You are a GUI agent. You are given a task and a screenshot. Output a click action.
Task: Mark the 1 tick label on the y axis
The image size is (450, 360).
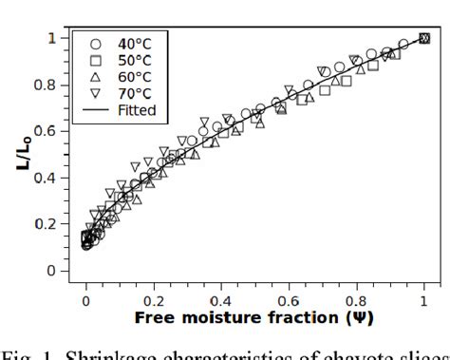pyautogui.click(x=54, y=38)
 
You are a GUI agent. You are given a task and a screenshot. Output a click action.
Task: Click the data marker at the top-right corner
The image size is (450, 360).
pyautogui.click(x=424, y=38)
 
